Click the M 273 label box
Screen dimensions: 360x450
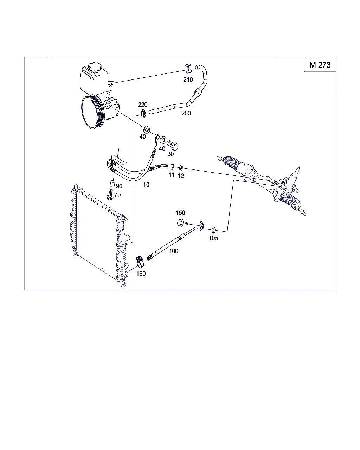pyautogui.click(x=320, y=64)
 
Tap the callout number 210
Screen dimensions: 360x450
pyautogui.click(x=188, y=80)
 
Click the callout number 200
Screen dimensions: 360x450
pyautogui.click(x=186, y=113)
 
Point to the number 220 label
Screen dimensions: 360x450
pyautogui.click(x=143, y=104)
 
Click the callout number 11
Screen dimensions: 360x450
pyautogui.click(x=171, y=175)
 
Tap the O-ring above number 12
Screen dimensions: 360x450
pyautogui.click(x=181, y=168)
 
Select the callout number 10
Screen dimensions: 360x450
pyautogui.click(x=146, y=185)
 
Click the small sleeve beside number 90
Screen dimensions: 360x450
pyautogui.click(x=112, y=184)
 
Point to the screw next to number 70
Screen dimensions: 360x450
pyautogui.click(x=110, y=194)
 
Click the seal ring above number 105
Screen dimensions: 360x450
pyautogui.click(x=213, y=230)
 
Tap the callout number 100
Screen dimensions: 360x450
pyautogui.click(x=173, y=251)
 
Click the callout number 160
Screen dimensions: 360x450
pyautogui.click(x=141, y=274)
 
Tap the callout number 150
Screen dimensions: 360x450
pyautogui.click(x=180, y=213)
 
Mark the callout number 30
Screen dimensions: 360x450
pyautogui.click(x=171, y=154)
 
